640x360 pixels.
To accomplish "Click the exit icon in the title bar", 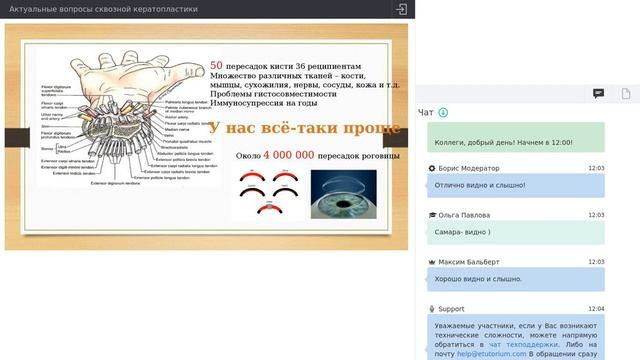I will tap(401, 9).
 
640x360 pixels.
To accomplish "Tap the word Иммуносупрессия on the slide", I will tap(248, 103).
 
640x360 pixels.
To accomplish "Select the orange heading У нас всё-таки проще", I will tap(305, 129).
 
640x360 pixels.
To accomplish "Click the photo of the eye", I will tap(343, 194).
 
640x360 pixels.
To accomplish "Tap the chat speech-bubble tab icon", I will tap(598, 93).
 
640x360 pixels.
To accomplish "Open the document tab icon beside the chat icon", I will tap(626, 93).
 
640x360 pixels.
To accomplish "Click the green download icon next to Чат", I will tap(443, 112).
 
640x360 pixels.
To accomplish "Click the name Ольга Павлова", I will tap(464, 215).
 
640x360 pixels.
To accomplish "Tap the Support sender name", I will tap(451, 309).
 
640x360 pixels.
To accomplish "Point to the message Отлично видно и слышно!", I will tap(481, 185).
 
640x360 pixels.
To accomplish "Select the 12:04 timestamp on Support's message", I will tap(596, 309).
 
